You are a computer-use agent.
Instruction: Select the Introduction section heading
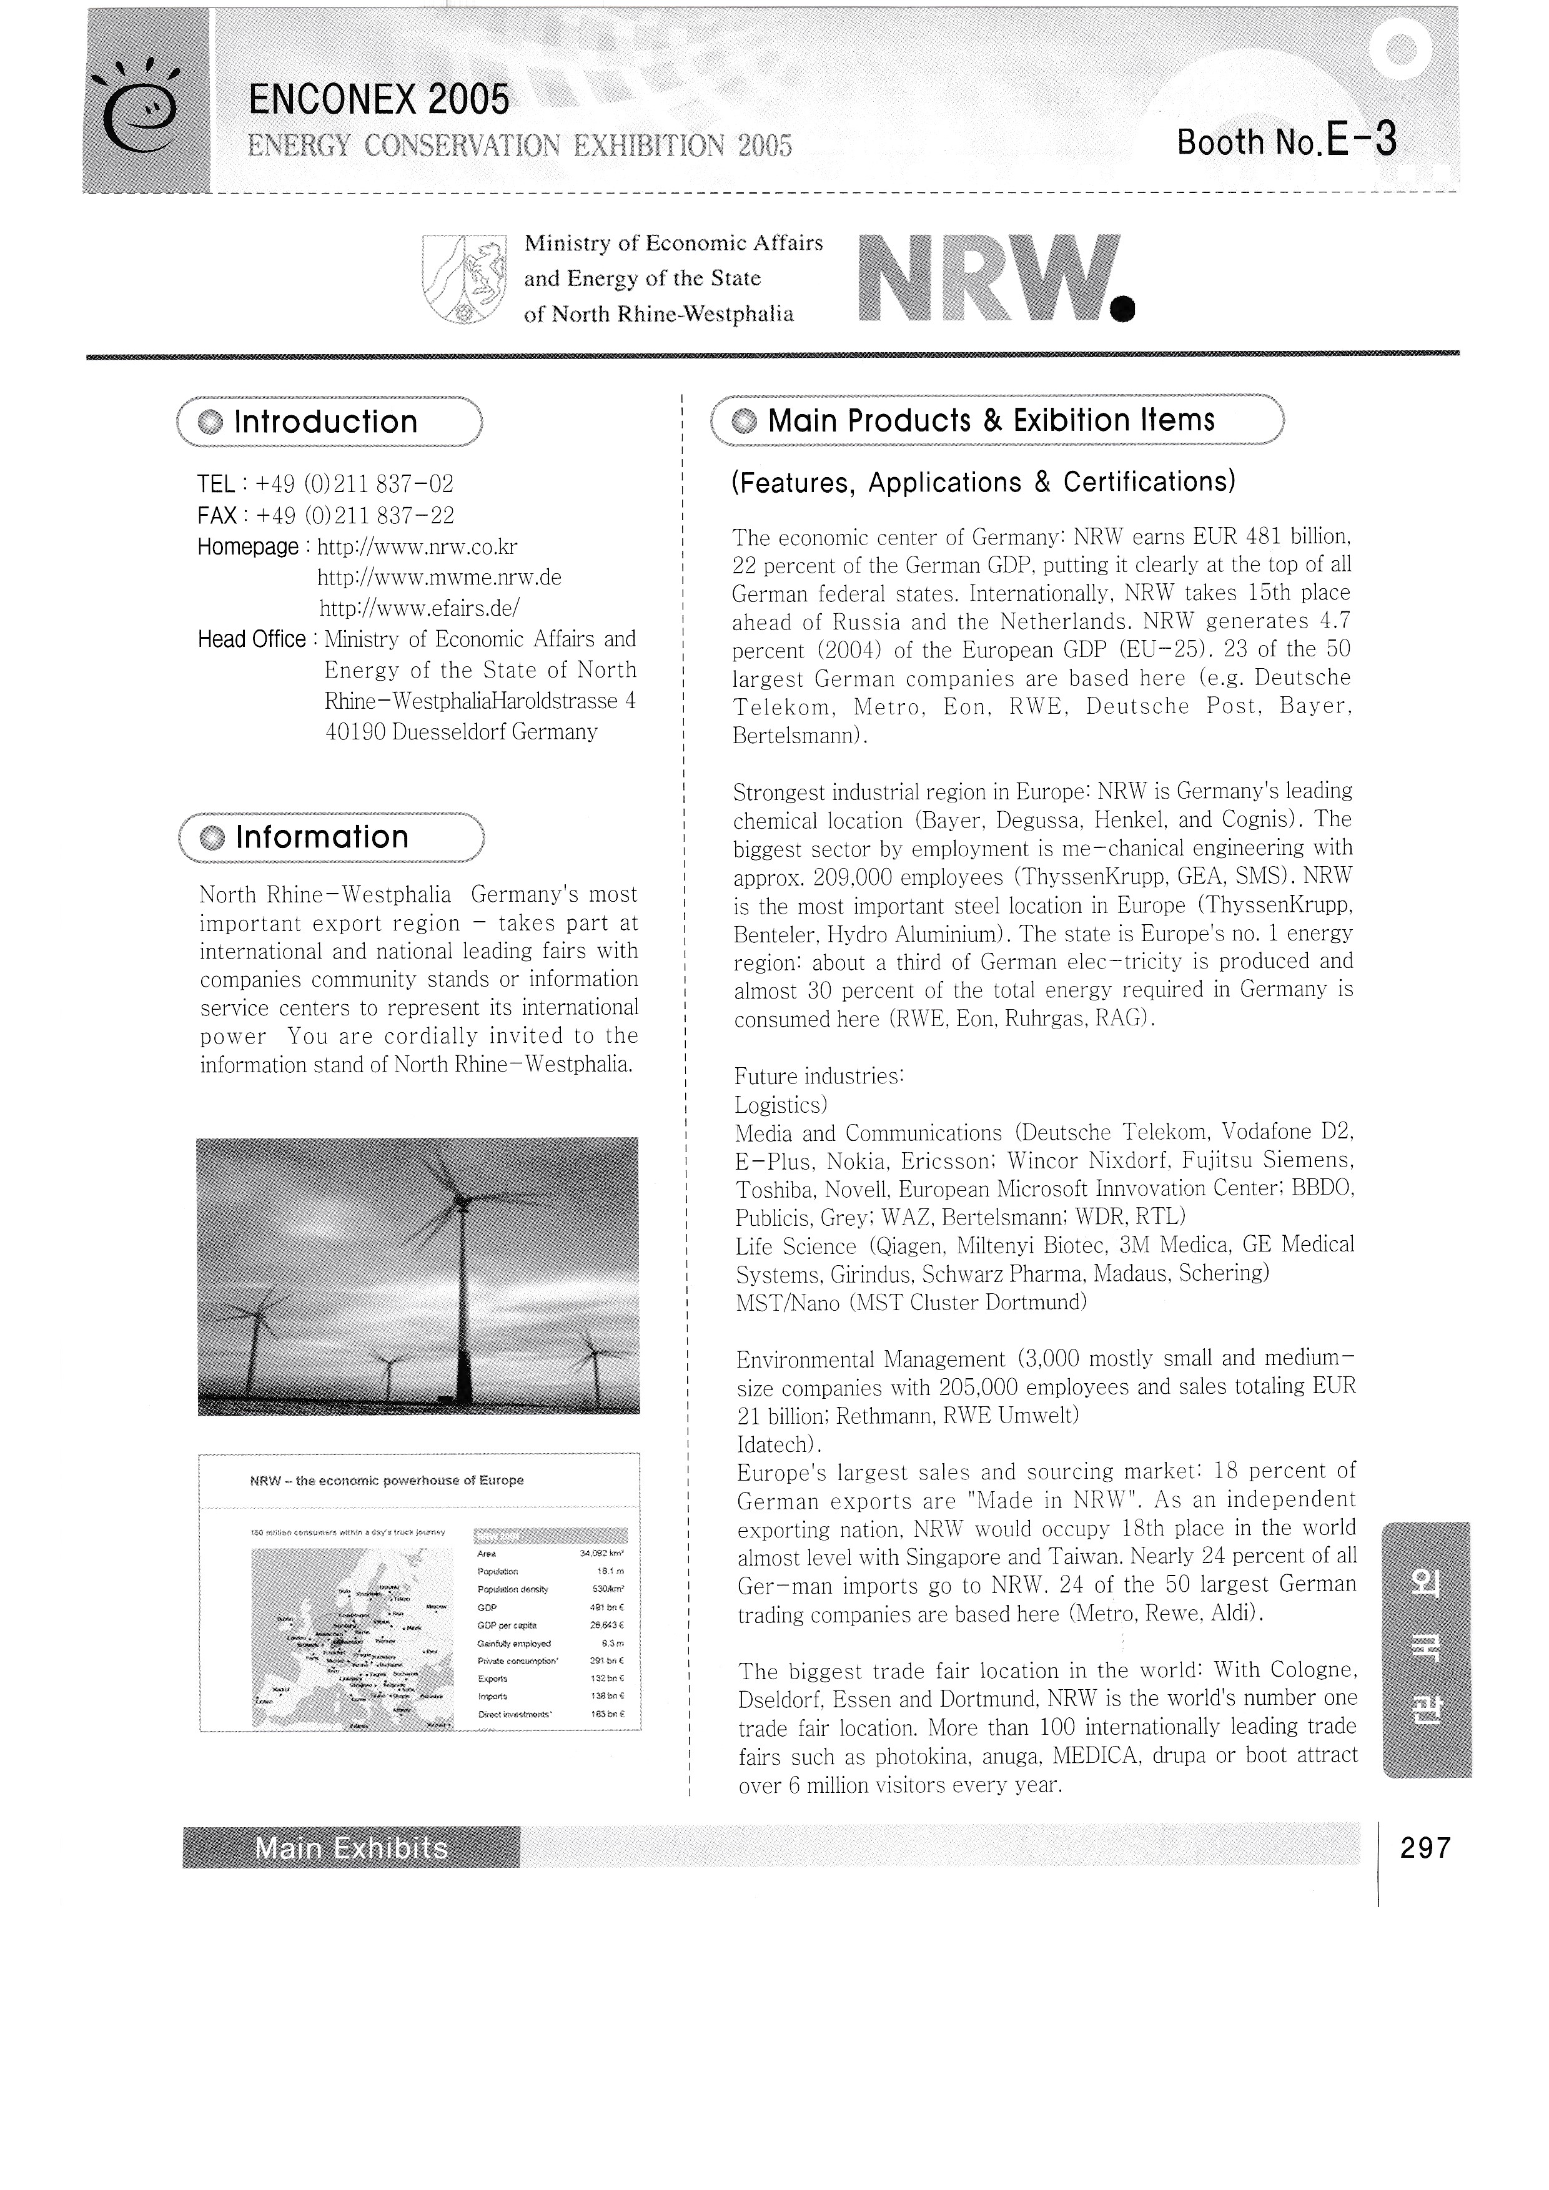coord(326,422)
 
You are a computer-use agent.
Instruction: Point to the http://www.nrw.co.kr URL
coord(417,546)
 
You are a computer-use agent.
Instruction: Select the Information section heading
coord(322,837)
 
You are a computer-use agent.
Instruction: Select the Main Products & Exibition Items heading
coord(991,420)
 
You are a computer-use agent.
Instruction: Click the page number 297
coord(1425,1848)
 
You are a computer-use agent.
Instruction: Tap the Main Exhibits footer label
coord(351,1848)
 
